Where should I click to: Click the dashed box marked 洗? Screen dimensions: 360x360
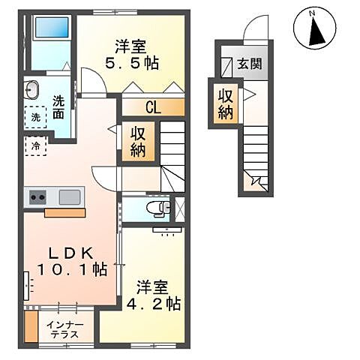click(34, 116)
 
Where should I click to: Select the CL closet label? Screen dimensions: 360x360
click(152, 107)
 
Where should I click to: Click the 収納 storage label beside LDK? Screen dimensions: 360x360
click(139, 141)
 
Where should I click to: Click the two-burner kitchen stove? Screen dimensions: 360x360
click(37, 198)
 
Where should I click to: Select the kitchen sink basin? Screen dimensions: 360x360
click(70, 197)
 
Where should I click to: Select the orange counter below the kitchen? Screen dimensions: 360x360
click(64, 213)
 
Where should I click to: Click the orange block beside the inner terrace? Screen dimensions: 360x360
click(31, 327)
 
